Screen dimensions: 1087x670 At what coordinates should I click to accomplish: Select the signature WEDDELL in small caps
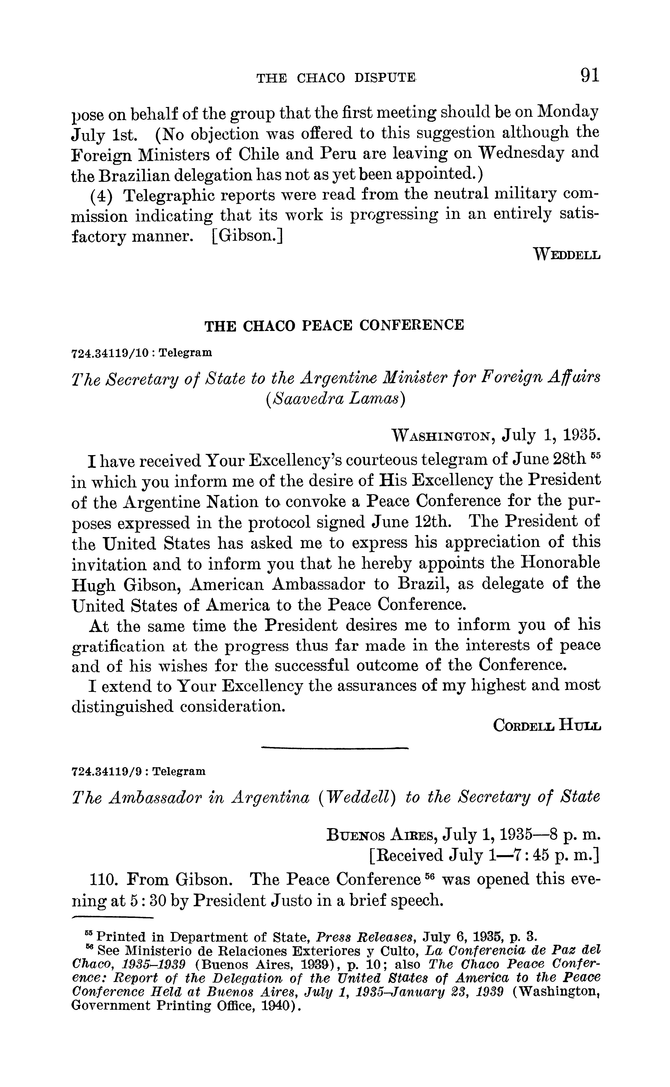click(567, 255)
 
